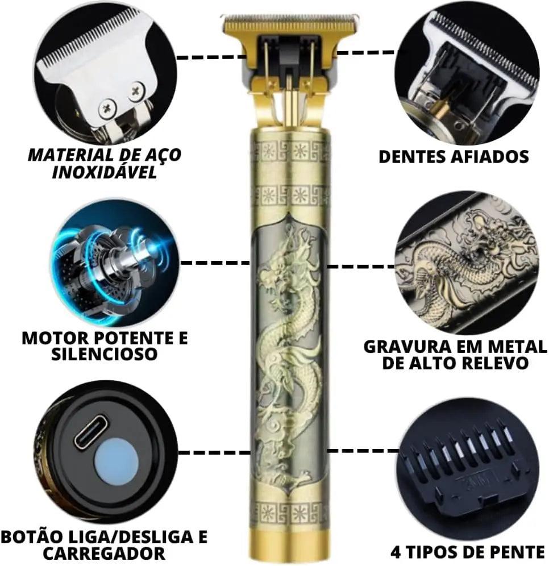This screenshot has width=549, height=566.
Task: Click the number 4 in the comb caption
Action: pos(396,552)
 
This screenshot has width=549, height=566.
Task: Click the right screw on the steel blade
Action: pos(136,89)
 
